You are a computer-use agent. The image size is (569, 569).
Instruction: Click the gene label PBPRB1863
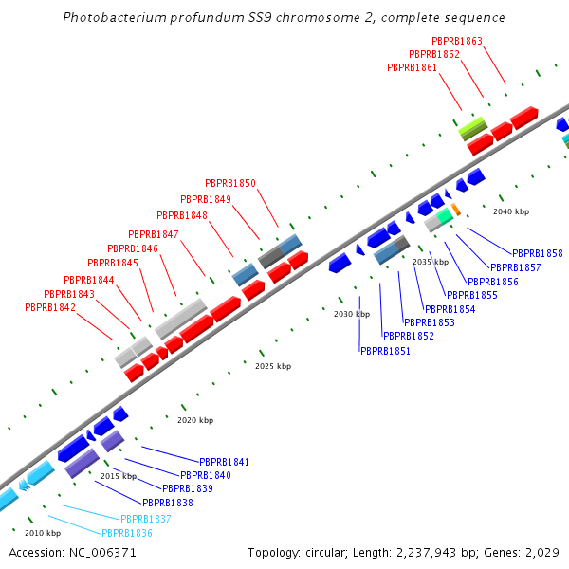(457, 42)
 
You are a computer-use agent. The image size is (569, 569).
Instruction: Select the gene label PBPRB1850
(230, 184)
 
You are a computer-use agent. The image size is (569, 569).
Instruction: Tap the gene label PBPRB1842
(50, 308)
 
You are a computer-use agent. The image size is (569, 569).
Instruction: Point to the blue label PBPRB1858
(538, 254)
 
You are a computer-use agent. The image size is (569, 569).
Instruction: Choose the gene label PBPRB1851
(385, 351)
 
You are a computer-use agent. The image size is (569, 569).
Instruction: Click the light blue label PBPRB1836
(127, 534)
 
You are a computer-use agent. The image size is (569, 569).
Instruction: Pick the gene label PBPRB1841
(224, 462)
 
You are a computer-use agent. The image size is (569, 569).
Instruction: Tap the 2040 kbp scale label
(511, 211)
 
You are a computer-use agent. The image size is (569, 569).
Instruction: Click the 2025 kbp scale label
(273, 366)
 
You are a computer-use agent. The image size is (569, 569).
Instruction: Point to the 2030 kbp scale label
(351, 314)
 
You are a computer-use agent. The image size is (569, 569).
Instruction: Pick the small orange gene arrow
(456, 209)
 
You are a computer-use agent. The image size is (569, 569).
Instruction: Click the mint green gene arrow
(444, 216)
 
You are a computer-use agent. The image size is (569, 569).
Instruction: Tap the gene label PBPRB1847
(154, 234)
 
